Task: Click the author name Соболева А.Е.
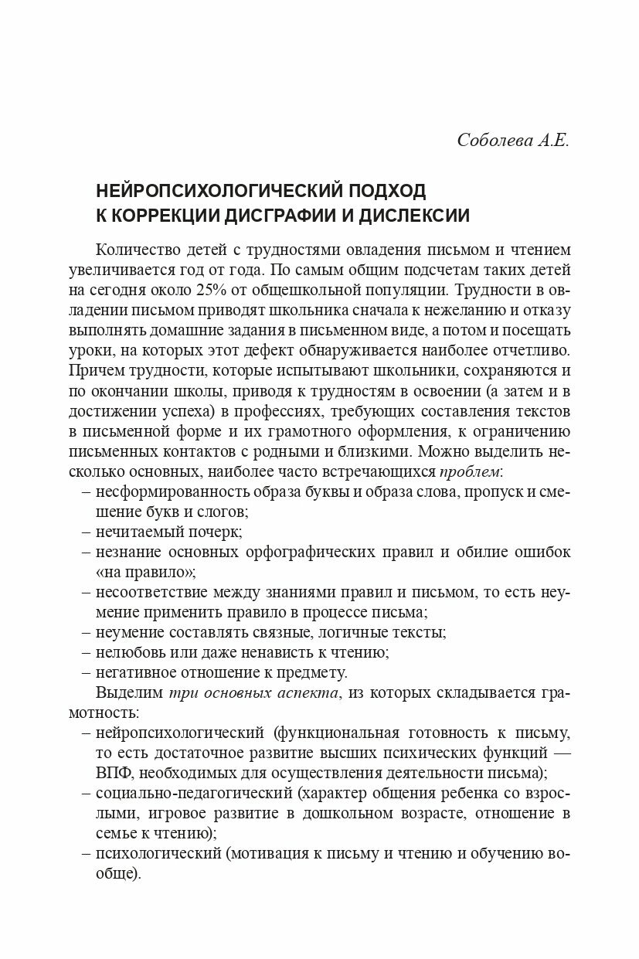pyautogui.click(x=512, y=141)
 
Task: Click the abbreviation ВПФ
pyautogui.click(x=114, y=772)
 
